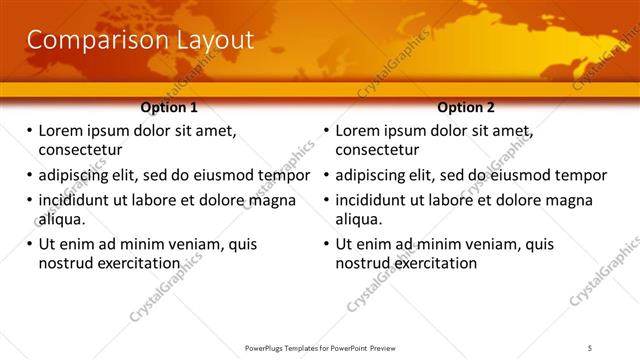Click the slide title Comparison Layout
140,40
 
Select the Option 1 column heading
169,107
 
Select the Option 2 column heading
466,107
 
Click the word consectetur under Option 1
80,151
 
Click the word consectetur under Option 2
377,151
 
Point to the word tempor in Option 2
581,175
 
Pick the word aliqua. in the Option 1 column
62,219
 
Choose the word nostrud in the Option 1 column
66,263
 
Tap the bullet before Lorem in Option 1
29,131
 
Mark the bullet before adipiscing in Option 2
327,175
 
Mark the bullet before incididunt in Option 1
29,200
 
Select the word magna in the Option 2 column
570,200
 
